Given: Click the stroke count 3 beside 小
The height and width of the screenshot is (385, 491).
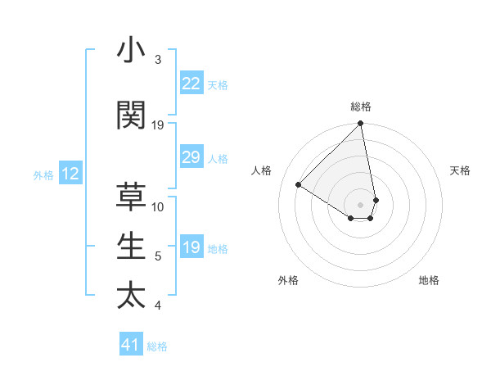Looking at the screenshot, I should (x=158, y=61).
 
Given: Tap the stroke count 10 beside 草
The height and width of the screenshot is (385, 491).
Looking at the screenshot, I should (x=158, y=207).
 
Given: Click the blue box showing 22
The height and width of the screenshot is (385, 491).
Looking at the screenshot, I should (x=191, y=84).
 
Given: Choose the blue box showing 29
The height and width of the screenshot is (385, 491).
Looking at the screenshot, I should (x=191, y=157).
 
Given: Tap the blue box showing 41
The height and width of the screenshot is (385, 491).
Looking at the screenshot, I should (x=131, y=345).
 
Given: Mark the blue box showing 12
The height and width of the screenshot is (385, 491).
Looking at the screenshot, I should (x=70, y=174).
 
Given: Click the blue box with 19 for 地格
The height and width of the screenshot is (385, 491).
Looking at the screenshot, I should (x=191, y=248).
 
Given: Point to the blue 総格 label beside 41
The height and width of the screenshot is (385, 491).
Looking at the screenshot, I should (x=157, y=346).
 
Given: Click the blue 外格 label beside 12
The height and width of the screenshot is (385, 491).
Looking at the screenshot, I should (x=43, y=175).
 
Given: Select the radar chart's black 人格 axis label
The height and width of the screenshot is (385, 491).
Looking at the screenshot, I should (x=261, y=170).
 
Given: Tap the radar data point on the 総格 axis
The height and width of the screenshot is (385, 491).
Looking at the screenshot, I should (x=360, y=125).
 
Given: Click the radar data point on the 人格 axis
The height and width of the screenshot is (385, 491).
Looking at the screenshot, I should (x=299, y=185).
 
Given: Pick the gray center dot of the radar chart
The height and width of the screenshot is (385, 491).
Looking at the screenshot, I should (x=360, y=204).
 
